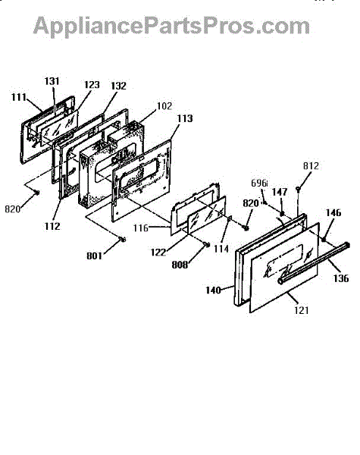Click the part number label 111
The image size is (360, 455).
19,97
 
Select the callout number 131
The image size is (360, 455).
52,81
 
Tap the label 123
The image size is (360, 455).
92,85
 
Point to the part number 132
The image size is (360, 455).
118,86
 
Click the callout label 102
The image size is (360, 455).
164,106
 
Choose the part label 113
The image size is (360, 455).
185,118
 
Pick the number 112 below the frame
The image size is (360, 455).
52,226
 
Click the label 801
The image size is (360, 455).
94,256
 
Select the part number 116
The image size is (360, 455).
141,228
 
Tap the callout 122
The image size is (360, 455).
158,253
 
